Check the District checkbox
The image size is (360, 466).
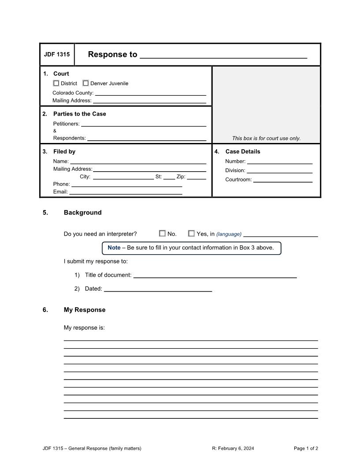pos(56,83)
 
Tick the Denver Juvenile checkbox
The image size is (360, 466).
pos(86,83)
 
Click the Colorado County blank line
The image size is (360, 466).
pos(150,93)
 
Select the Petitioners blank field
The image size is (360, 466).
pos(143,124)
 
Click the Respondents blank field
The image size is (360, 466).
pos(146,138)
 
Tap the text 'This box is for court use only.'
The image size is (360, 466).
pos(266,138)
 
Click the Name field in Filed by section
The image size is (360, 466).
pos(138,161)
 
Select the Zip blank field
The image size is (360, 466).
pos(196,177)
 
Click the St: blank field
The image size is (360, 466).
pos(169,177)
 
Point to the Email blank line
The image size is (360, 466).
pos(126,192)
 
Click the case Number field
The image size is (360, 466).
pos(280,161)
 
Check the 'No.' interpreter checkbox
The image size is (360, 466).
pos(162,233)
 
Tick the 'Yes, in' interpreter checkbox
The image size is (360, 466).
pos(191,233)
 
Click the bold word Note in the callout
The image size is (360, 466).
pos(114,248)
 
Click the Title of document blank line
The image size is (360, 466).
pos(215,275)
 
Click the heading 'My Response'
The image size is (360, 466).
pos(85,310)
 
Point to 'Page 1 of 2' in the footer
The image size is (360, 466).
pos(306,448)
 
